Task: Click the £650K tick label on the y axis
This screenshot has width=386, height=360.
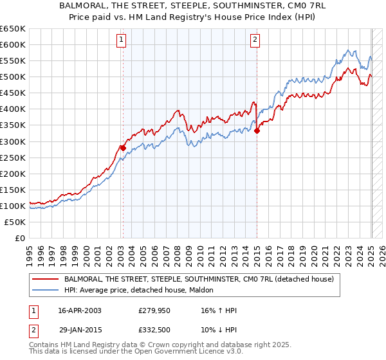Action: pos(13,29)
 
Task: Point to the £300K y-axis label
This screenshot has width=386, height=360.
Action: pos(13,141)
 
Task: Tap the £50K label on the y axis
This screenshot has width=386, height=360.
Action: pos(15,222)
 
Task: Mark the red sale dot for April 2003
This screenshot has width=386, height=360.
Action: pos(123,147)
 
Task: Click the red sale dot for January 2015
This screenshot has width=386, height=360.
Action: pos(257,130)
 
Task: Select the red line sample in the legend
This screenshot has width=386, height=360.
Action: pos(46,280)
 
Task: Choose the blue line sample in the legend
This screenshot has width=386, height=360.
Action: pos(46,291)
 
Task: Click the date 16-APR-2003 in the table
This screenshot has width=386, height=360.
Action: pos(77,310)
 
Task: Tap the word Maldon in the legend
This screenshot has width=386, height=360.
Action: pos(210,291)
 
